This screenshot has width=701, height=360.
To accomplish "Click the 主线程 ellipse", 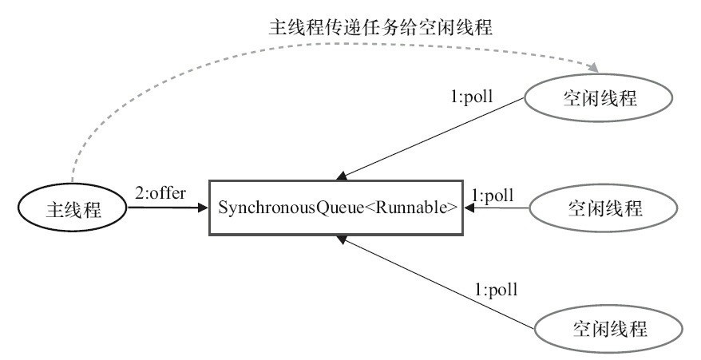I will click(x=72, y=209).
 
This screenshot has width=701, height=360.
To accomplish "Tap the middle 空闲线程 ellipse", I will click(x=604, y=209).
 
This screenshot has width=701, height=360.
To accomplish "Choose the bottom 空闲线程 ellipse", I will click(x=608, y=328).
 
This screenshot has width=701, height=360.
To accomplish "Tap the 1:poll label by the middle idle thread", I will click(x=493, y=196).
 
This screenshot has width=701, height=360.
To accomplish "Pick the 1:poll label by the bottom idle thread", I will click(x=497, y=289).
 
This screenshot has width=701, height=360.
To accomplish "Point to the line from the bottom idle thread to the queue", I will click(x=435, y=281).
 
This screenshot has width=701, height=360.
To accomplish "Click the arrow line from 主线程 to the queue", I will click(x=164, y=208).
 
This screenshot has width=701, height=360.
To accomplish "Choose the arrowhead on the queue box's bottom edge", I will click(x=342, y=239).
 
